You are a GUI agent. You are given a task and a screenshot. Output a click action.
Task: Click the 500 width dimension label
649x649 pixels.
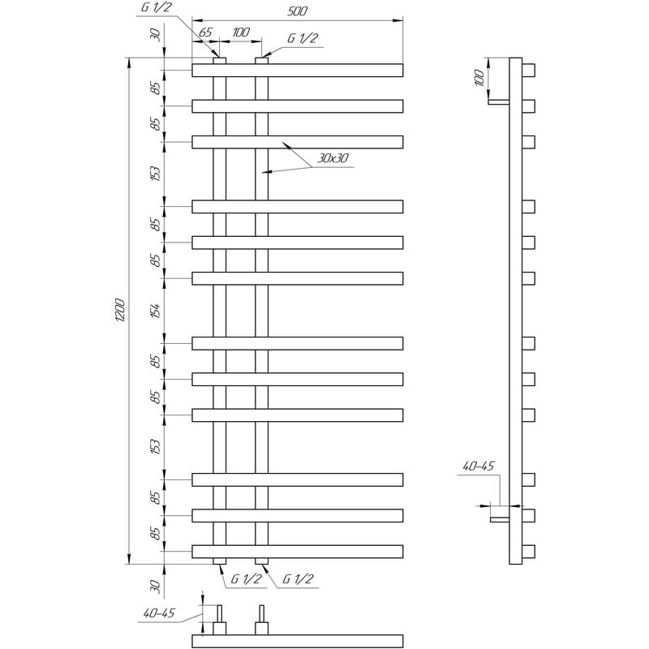click(297, 11)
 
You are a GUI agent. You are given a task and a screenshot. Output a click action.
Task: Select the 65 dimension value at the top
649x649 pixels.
click(205, 32)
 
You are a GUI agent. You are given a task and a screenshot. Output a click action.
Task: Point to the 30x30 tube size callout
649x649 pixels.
click(333, 158)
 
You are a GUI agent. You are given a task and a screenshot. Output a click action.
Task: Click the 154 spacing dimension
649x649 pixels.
click(155, 311)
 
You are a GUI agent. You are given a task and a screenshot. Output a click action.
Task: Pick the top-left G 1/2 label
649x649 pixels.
click(156, 7)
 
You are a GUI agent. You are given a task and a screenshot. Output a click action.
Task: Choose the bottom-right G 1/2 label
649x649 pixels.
click(298, 578)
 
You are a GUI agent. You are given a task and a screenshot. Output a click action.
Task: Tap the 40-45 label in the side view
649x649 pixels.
click(478, 466)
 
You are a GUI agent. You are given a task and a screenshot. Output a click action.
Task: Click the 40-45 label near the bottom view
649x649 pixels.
click(159, 613)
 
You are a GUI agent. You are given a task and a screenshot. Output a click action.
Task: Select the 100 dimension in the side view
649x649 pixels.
click(479, 78)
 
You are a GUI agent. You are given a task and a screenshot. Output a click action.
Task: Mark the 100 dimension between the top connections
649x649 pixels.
click(241, 32)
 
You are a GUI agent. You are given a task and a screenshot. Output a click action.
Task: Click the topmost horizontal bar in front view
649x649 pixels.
click(297, 71)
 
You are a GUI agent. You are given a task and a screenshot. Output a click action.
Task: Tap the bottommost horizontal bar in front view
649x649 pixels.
click(297, 552)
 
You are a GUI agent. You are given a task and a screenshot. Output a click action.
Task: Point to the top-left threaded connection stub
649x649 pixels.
click(219, 61)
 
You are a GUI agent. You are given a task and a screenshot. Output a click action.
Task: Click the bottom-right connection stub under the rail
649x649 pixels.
click(261, 561)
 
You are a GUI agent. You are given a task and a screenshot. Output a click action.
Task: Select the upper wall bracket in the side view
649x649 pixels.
click(499, 102)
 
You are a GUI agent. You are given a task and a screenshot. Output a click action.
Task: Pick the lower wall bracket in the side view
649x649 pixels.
click(500, 519)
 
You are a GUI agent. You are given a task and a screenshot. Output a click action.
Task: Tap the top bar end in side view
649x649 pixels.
click(529, 71)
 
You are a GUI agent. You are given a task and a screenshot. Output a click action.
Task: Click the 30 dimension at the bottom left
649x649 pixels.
click(155, 586)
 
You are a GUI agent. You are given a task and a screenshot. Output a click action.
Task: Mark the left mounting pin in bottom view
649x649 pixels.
click(219, 613)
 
